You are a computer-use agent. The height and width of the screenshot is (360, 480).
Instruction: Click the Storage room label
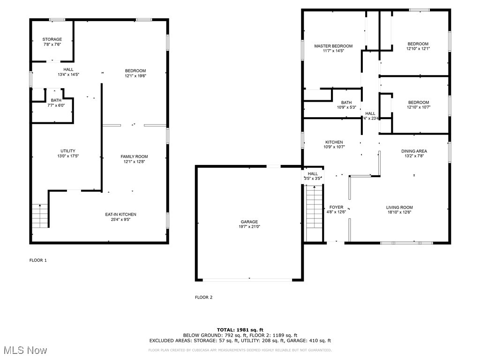52,39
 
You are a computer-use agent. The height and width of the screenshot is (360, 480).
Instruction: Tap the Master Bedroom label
333,46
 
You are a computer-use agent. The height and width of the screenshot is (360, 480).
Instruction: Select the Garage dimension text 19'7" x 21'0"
249,227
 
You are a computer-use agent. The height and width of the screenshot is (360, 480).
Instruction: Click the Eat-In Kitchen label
120,214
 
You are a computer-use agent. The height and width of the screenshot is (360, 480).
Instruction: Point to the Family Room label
134,157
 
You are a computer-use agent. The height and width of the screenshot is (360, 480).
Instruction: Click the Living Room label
399,207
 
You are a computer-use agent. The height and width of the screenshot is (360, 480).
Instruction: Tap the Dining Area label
414,151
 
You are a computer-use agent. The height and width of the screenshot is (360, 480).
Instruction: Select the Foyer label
336,207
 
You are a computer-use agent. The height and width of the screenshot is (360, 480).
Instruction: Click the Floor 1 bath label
56,100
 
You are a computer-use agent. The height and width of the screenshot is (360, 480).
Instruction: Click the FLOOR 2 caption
203,297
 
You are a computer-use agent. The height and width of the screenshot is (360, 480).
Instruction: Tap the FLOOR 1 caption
38,260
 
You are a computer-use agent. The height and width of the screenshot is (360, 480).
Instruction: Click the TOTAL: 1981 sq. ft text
240,330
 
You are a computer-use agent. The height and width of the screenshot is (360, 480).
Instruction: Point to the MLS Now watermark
24,350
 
